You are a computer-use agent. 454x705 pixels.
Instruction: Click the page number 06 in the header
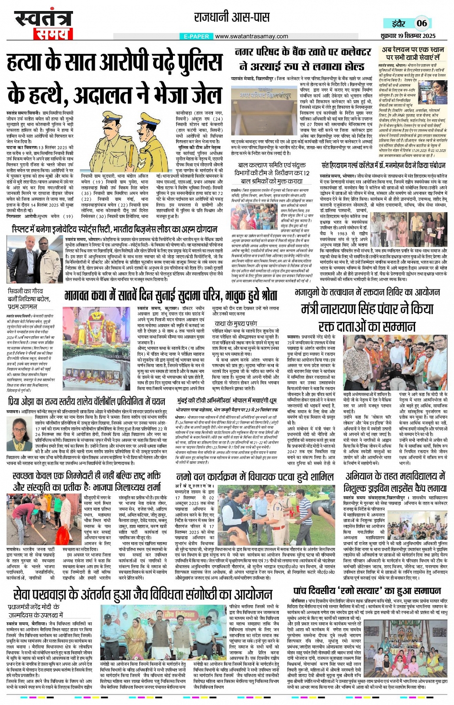421,23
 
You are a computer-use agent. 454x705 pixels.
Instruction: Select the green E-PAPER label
196,36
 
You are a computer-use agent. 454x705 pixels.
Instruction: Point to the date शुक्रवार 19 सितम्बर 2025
409,36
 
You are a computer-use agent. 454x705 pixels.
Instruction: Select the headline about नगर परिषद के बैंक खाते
300,59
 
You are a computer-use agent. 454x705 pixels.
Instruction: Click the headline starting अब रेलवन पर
413,53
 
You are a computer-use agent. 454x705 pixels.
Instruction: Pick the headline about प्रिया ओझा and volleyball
86,402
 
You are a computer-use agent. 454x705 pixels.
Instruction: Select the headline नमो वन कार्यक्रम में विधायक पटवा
255,477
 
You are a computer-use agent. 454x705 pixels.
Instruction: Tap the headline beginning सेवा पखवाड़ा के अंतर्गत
142,594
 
